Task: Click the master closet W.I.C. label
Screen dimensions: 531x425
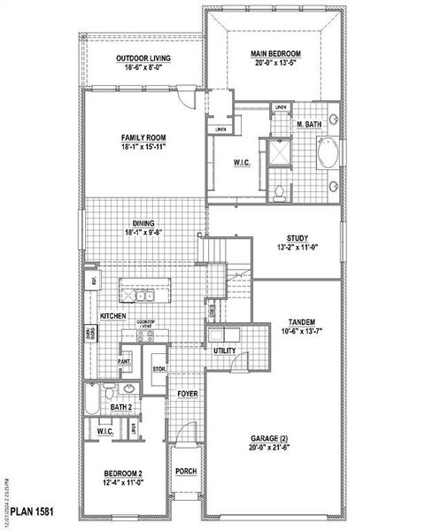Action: (241, 162)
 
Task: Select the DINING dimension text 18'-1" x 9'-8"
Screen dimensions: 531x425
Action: (143, 234)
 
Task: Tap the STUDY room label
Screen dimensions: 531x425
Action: (297, 238)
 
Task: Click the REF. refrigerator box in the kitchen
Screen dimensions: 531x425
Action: (91, 281)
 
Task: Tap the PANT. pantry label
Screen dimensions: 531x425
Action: (125, 361)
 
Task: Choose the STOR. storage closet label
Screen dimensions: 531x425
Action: (159, 369)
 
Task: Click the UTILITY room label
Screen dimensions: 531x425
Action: (224, 351)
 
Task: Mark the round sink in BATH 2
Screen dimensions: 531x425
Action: (128, 389)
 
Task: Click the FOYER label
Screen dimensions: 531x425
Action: (186, 394)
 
